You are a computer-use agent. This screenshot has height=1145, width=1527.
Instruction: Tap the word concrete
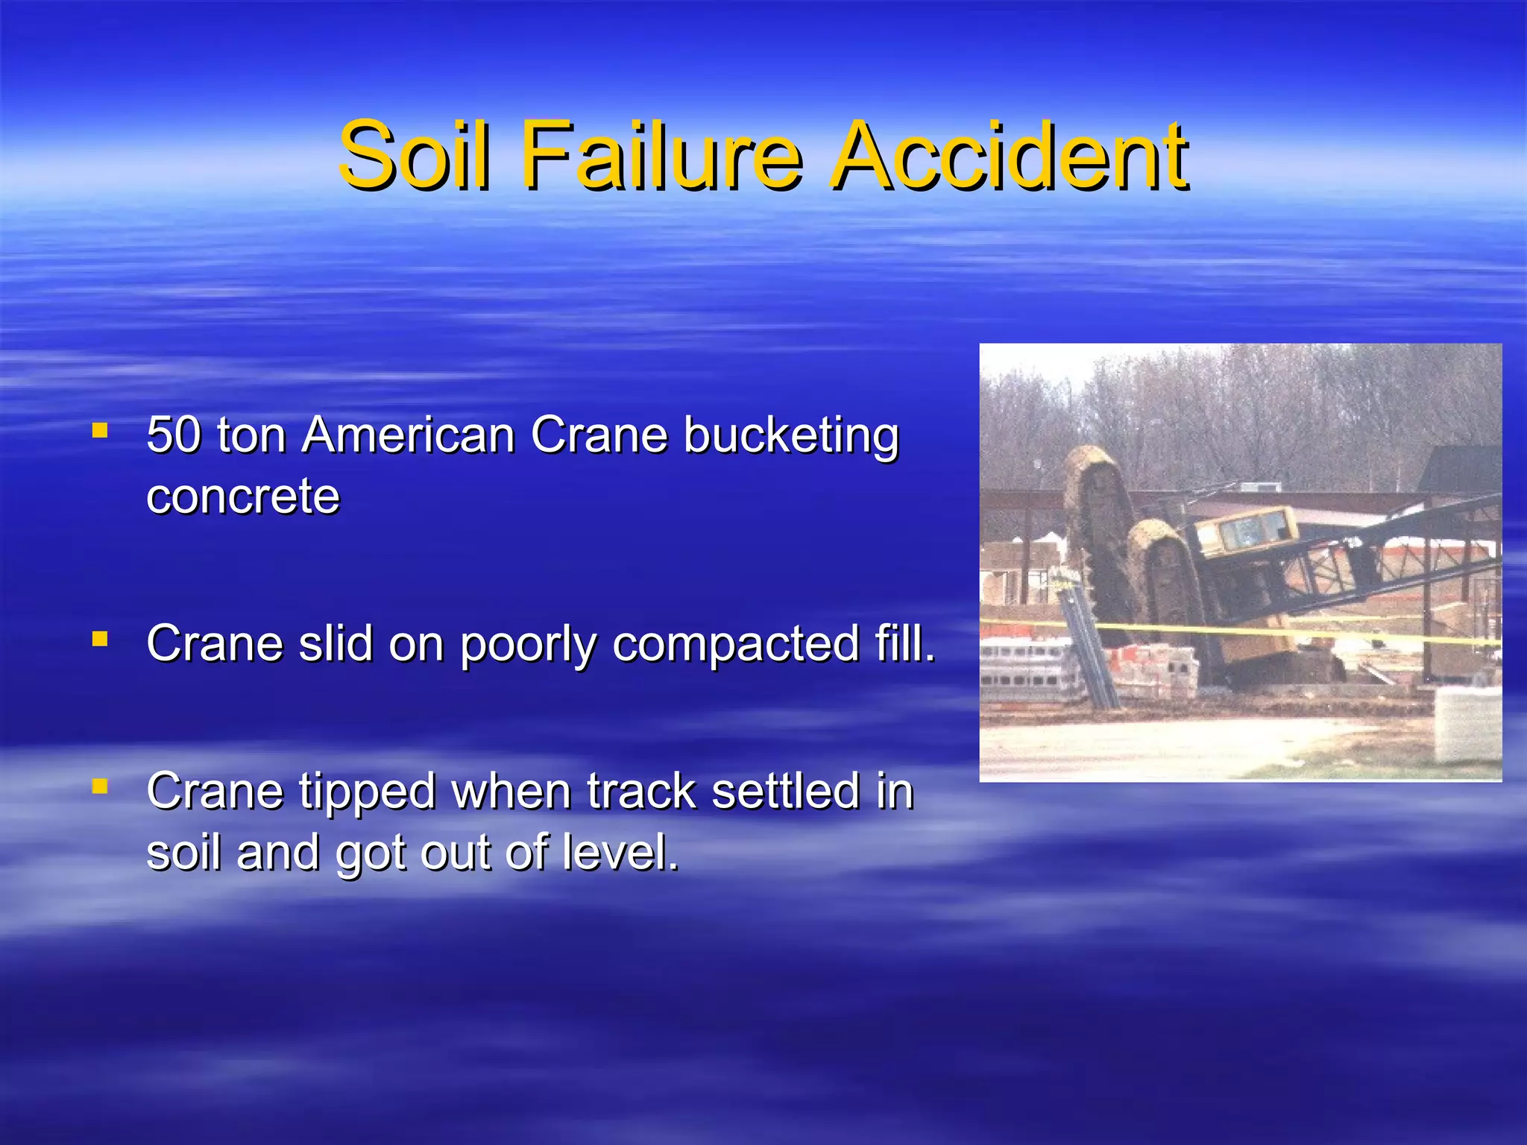click(243, 496)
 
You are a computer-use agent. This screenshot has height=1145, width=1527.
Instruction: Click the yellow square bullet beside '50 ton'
click(100, 430)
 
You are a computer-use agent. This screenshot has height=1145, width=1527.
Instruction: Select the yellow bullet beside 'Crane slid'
click(100, 639)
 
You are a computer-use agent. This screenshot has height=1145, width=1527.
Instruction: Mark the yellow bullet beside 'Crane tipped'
click(100, 786)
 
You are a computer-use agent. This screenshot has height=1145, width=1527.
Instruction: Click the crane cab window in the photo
click(1247, 531)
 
